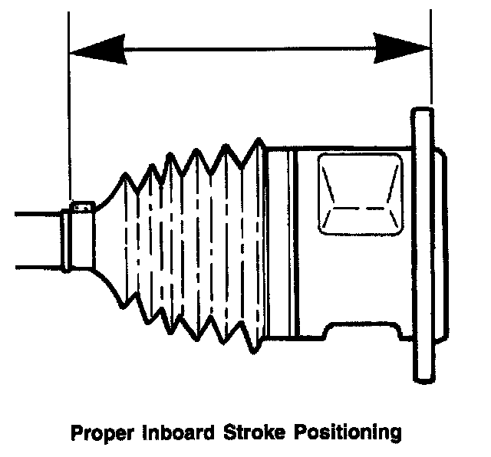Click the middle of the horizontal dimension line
[249, 51]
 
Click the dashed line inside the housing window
[361, 208]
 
